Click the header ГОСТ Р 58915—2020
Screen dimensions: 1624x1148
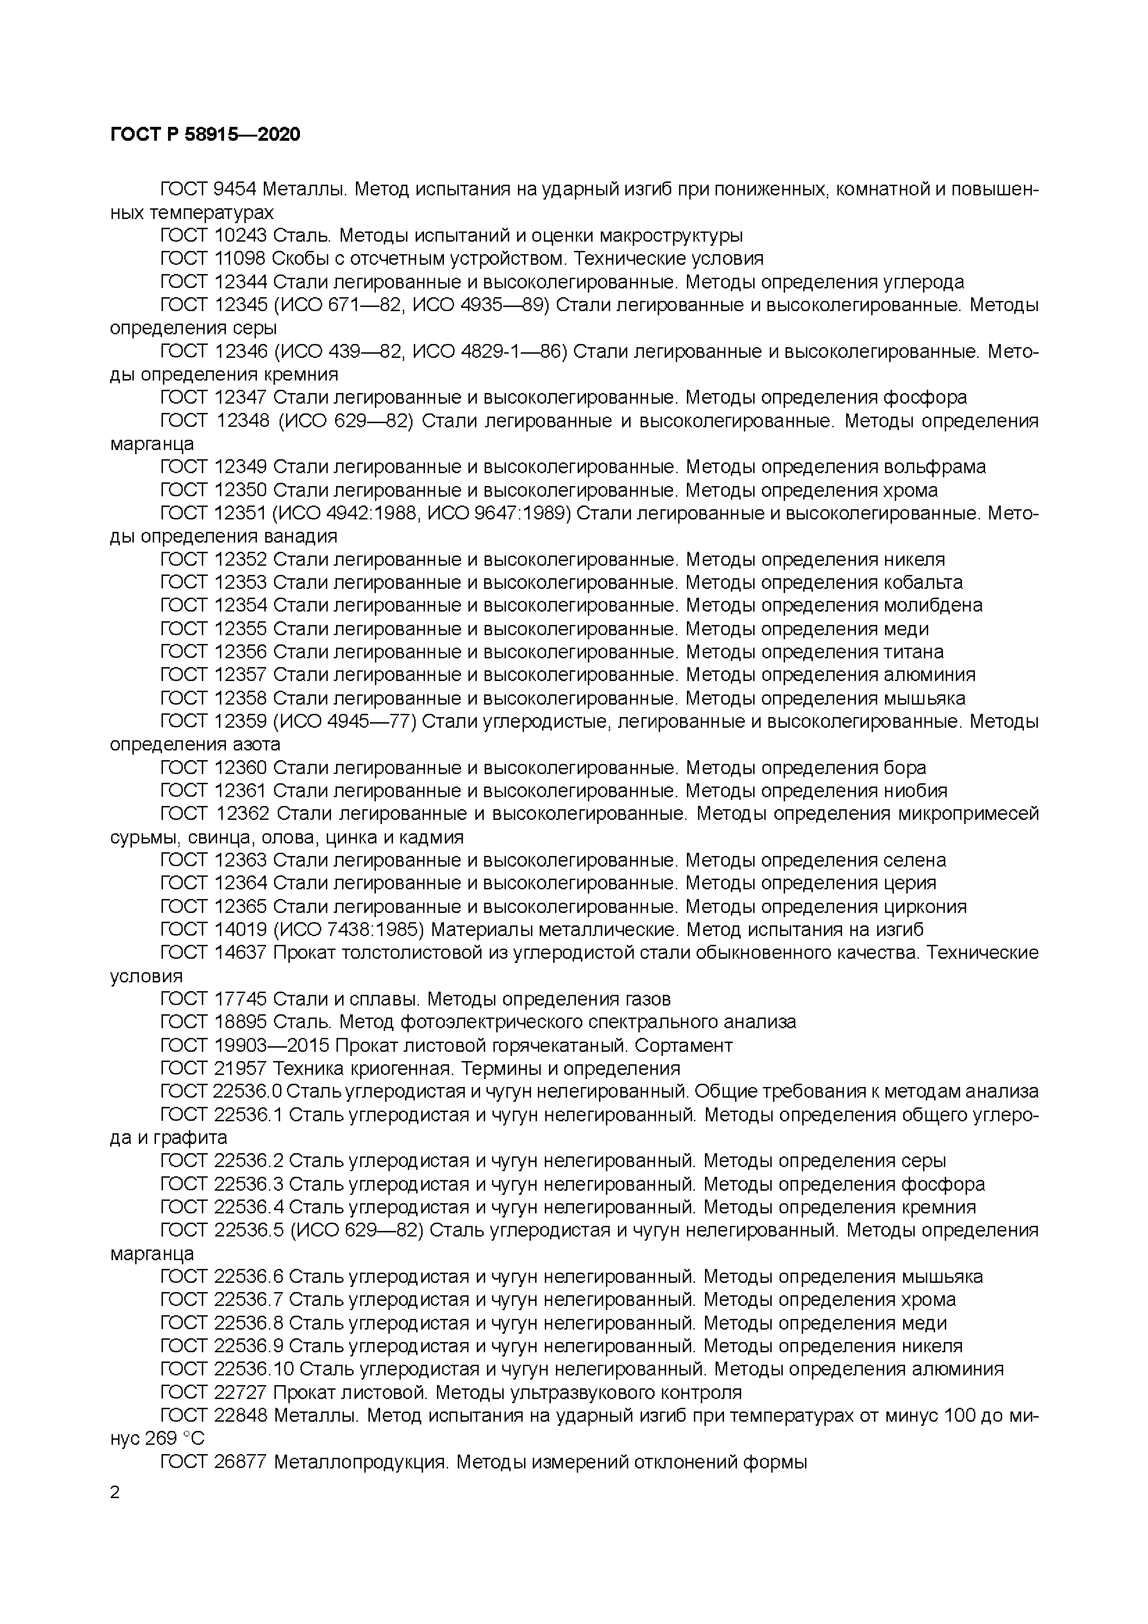(205, 134)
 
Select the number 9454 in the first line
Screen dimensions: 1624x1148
(236, 189)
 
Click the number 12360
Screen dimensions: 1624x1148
(240, 768)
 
